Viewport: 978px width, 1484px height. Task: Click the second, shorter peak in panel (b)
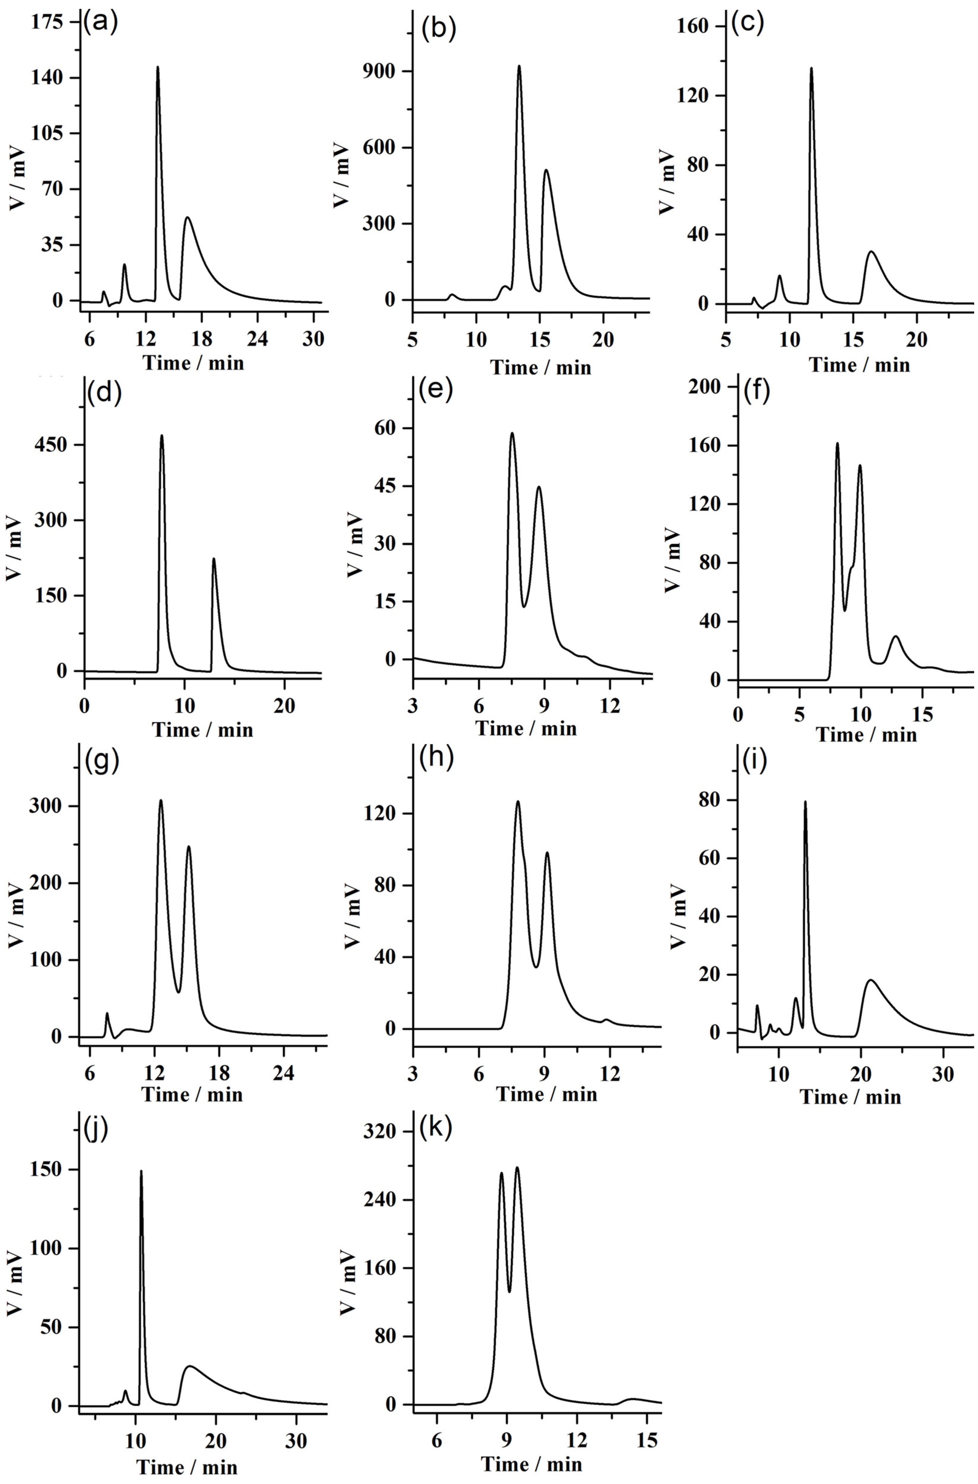coord(546,171)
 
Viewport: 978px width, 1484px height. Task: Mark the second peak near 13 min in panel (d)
coord(214,560)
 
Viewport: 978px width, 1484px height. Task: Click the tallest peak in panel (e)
coord(512,434)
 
